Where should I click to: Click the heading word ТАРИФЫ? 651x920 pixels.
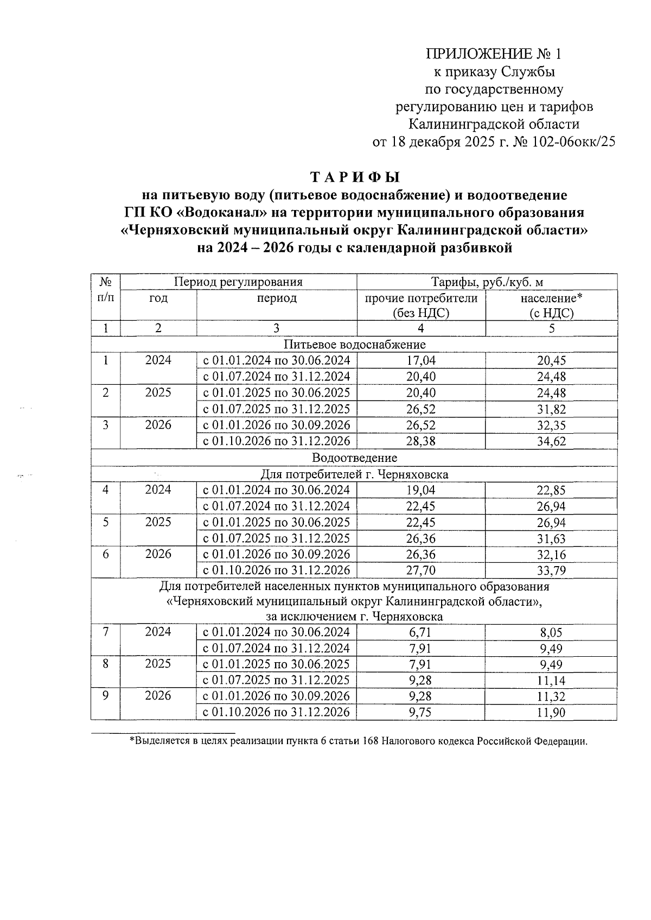[355, 177]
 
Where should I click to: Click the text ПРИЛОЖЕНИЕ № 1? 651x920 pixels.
[494, 54]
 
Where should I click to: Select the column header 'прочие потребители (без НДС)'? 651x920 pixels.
[421, 305]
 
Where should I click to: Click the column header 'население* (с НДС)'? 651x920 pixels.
[551, 305]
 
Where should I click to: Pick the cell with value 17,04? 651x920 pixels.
[421, 360]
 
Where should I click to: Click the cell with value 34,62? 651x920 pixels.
[551, 441]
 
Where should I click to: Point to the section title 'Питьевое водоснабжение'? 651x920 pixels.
[354, 344]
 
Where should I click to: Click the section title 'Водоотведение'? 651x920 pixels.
[354, 458]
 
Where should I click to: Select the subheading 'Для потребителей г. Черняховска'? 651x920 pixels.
[354, 474]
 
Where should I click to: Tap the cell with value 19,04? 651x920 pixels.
[421, 490]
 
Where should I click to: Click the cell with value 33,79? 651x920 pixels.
[551, 570]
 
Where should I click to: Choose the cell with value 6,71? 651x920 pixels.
[421, 632]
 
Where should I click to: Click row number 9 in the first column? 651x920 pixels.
[105, 696]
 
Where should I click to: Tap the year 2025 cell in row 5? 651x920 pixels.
[158, 522]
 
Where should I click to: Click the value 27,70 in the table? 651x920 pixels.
[421, 570]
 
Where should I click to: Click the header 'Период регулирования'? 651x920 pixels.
[238, 282]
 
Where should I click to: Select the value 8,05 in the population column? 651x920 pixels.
[551, 632]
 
